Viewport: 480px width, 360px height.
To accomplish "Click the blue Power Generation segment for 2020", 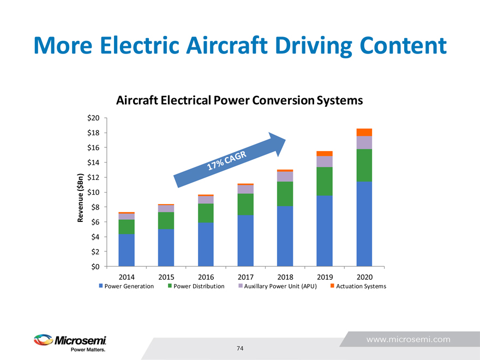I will (x=364, y=224).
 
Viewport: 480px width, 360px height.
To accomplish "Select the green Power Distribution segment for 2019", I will (x=325, y=181).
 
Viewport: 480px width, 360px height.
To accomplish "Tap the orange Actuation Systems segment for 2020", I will (x=364, y=132).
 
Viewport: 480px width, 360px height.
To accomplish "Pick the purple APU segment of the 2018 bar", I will (x=285, y=177).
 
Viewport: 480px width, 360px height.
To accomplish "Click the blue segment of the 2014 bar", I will (x=127, y=250).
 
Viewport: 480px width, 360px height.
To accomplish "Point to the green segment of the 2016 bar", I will (x=206, y=213).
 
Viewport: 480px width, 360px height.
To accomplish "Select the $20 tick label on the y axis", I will (x=93, y=118).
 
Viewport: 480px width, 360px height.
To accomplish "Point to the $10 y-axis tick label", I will (x=93, y=192).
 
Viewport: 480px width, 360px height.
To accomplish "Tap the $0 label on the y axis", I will (x=95, y=266).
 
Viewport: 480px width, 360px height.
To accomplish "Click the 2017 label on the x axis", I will (x=245, y=277).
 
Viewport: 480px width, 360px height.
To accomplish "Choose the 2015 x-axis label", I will (x=166, y=277).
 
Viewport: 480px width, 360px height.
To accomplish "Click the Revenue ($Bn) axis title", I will (x=80, y=198).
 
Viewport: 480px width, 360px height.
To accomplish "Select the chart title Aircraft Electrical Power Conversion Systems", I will (x=239, y=101).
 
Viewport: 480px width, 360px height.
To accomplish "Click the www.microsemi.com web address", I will (x=408, y=339).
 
